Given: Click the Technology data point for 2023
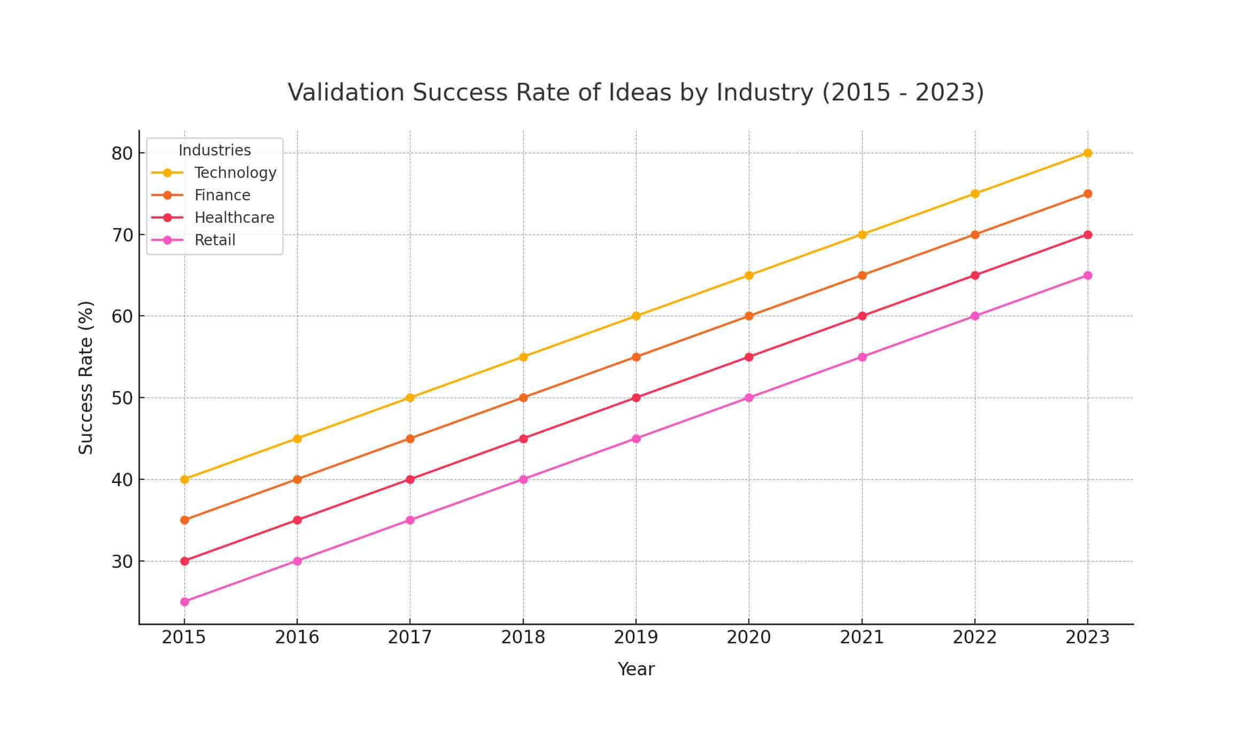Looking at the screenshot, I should coord(1087,153).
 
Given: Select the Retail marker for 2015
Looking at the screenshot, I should coord(184,602).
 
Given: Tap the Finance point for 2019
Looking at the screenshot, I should coord(636,357).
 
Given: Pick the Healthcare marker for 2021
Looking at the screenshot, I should coord(862,316).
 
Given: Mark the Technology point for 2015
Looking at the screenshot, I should coord(184,479).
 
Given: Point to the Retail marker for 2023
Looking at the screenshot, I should coord(1087,276).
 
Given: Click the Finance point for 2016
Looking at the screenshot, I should coord(297,479).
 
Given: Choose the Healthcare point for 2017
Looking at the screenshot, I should coord(410,479).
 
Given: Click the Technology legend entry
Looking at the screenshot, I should coord(235,173).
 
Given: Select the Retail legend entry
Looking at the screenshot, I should coord(215,240).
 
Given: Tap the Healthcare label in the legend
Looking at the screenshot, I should coord(234,217).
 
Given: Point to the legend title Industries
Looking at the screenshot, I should coord(214,151).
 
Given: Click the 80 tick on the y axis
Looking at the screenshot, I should coord(121,154).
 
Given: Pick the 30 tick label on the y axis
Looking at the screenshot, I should coord(121,562).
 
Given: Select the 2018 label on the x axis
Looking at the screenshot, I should coord(523,637).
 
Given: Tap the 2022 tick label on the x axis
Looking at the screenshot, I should coord(974,637).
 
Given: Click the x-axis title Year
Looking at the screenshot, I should coord(635,669).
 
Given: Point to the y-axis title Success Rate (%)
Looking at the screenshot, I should coord(86,377).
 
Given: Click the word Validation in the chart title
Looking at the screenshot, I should coord(346,92).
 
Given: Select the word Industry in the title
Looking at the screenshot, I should coord(764,92).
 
